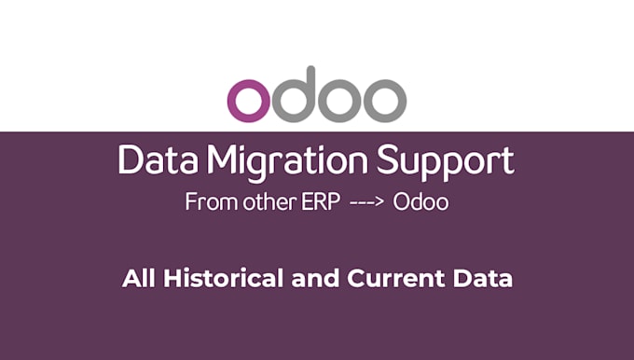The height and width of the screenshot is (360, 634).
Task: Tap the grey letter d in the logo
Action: coord(296,93)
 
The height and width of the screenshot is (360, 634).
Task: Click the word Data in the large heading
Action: coord(156,161)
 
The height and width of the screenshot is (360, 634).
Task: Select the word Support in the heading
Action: coord(445,163)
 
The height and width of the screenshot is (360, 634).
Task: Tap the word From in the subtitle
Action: coord(206,202)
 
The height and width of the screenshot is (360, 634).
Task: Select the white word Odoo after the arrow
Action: coord(420,202)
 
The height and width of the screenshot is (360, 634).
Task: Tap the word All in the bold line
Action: coord(135,278)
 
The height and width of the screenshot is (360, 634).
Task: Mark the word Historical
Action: coord(208,278)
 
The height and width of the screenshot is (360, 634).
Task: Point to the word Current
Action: coord(375,278)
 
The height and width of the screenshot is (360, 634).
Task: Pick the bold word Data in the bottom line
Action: coord(473,278)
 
